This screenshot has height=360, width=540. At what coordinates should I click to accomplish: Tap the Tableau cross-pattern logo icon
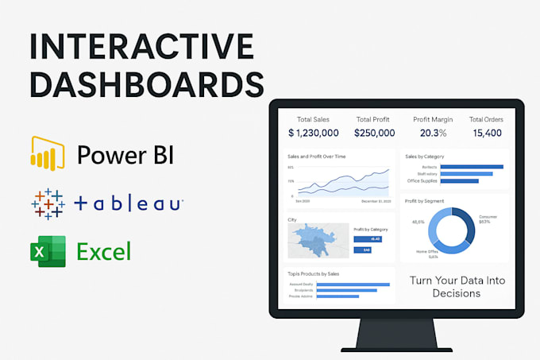coord(48,204)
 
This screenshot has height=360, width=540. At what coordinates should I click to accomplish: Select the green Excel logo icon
coord(47,252)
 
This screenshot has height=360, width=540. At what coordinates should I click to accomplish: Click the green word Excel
coord(104,253)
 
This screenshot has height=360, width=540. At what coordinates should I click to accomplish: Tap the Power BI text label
coord(125,154)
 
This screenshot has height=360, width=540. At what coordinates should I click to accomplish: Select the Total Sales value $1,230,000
coord(313,133)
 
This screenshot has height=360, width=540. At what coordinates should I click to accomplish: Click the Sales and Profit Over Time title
coord(316,157)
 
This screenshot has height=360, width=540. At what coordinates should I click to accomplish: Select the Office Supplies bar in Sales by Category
coord(453,180)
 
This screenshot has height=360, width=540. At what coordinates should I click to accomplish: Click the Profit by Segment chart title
coord(424,201)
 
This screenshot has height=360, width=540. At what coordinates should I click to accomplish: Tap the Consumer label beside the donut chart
coord(488,217)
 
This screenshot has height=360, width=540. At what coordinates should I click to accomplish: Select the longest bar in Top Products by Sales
coord(353,284)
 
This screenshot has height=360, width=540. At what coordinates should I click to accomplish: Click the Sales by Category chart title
coord(424,157)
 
